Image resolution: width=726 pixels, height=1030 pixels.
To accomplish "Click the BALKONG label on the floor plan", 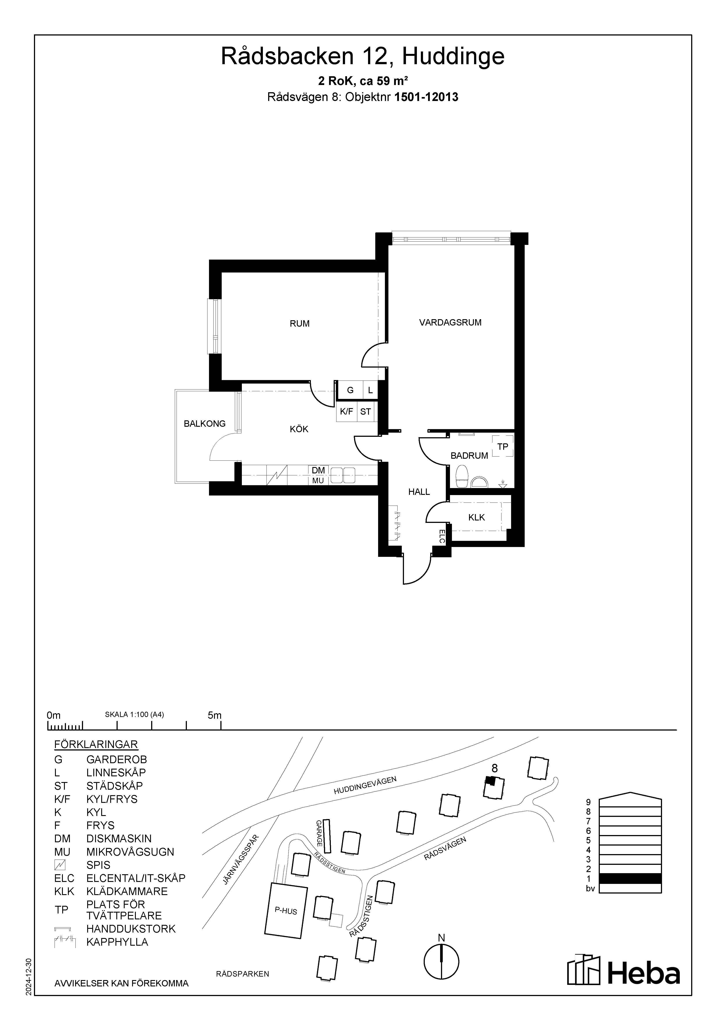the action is point(205,423).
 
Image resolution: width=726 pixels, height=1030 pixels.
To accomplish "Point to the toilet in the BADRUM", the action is point(462,476).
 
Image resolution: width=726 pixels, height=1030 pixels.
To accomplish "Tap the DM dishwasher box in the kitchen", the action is point(318,470).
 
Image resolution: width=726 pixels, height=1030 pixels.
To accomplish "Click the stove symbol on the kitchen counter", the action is point(277,475).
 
